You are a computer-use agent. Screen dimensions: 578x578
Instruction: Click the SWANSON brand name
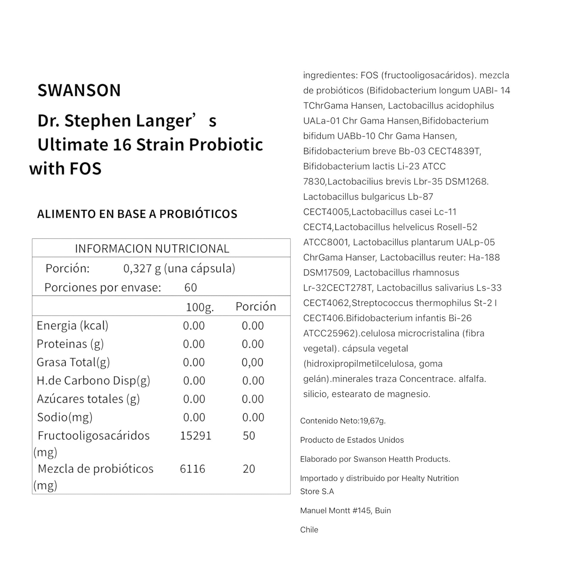tap(79, 90)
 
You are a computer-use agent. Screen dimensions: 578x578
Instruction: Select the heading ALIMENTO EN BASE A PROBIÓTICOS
tap(137, 214)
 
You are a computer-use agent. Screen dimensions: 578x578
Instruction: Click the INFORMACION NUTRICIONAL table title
tap(152, 249)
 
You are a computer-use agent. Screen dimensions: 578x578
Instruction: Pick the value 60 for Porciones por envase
tap(191, 288)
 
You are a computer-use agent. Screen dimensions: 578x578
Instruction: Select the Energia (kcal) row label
tap(72, 326)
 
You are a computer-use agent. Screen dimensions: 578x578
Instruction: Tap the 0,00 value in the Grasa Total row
tap(252, 362)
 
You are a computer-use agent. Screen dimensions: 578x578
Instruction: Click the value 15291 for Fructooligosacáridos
tap(196, 436)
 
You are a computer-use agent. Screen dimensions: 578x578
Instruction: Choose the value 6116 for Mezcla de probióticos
tap(192, 469)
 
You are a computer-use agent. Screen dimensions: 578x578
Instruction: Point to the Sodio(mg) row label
tap(65, 417)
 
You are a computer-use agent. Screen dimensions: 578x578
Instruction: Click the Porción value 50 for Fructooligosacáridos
tap(249, 436)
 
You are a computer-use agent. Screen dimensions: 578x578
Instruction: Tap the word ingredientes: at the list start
tap(330, 75)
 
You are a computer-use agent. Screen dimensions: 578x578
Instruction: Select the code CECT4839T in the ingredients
tap(454, 151)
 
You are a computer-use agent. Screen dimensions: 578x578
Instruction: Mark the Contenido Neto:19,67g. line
tap(343, 421)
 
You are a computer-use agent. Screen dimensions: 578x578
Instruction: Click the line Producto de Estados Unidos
tap(352, 440)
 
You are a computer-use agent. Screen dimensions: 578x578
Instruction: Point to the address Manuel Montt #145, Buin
tap(345, 511)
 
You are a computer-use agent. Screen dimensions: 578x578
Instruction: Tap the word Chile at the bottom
tap(309, 530)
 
